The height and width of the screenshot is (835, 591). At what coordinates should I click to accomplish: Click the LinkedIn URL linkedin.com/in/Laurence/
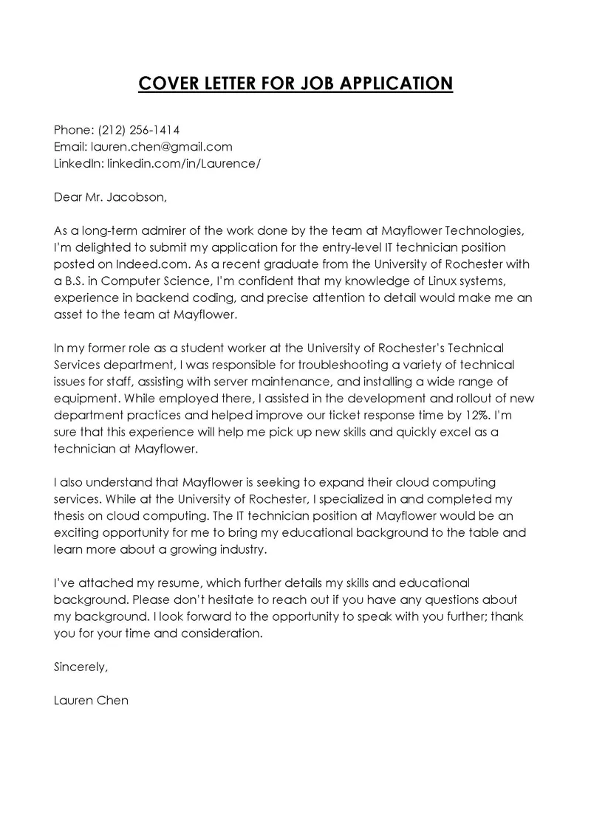184,162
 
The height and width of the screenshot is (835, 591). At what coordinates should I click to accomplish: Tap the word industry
240,549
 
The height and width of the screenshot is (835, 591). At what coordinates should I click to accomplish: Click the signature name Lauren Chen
91,701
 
